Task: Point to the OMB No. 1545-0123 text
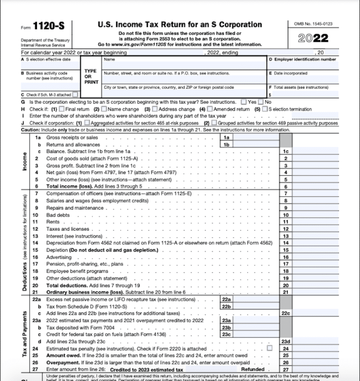[x=313, y=24]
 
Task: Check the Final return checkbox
[x=62, y=109]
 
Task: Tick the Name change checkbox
[x=104, y=109]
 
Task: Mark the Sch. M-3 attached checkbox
[x=75, y=95]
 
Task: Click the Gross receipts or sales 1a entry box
[x=256, y=138]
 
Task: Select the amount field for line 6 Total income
[x=315, y=186]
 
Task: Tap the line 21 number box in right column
[x=286, y=292]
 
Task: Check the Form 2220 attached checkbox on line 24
[x=269, y=349]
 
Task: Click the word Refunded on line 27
[x=252, y=369]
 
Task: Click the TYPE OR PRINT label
[x=90, y=77]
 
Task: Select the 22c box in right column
[x=286, y=313]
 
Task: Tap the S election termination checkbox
[x=265, y=109]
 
